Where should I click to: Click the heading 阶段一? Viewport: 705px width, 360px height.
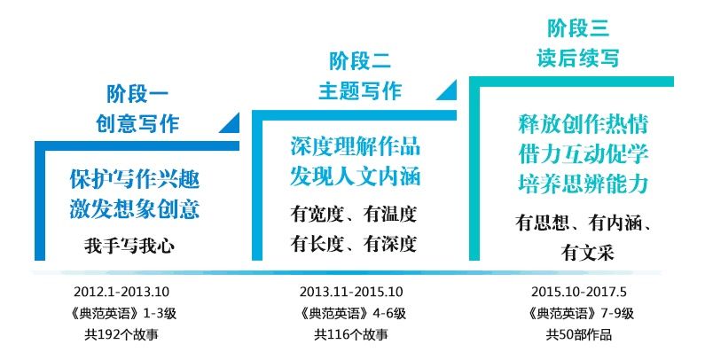[x=137, y=94]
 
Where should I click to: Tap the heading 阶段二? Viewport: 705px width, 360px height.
[x=360, y=61]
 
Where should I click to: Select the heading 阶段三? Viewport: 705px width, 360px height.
[x=578, y=28]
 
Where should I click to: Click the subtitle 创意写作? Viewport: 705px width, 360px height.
[x=137, y=123]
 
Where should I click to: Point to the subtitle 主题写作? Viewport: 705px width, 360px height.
[x=360, y=91]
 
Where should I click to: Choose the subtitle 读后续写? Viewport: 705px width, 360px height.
[x=578, y=58]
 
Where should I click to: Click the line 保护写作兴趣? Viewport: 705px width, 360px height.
[x=135, y=179]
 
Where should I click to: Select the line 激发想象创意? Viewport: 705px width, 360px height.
[x=135, y=209]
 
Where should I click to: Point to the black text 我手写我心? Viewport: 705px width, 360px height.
[x=129, y=247]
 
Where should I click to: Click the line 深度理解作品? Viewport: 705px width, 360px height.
[x=356, y=146]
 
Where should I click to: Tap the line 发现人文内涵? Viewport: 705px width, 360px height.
[x=356, y=176]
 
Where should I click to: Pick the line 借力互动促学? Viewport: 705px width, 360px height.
[x=584, y=154]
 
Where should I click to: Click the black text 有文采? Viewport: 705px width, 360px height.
[x=587, y=253]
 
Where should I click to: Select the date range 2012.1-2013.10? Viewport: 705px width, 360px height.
[x=121, y=292]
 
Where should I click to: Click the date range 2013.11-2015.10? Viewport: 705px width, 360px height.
[x=351, y=292]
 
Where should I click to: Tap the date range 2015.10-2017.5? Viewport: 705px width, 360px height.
[x=579, y=292]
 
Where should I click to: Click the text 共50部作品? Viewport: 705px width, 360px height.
[x=579, y=335]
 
